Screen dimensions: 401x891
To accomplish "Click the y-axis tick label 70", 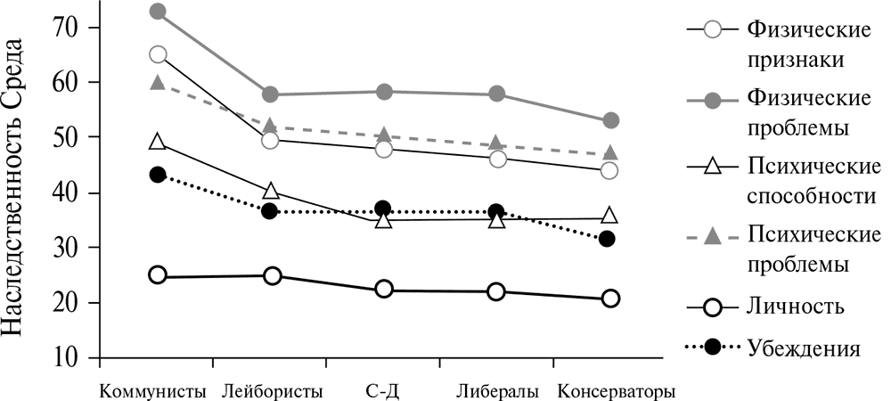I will (x=69, y=28).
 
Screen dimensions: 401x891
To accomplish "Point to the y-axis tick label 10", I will (x=69, y=358).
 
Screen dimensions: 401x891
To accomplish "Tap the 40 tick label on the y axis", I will (x=69, y=192).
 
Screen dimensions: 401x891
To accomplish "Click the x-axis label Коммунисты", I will (x=154, y=391).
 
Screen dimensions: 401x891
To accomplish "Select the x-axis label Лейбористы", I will (x=270, y=391).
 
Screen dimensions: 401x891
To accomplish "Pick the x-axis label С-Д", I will (x=384, y=391).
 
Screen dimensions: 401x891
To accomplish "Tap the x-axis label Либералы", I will (x=497, y=391).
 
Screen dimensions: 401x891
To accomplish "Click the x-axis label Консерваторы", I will (x=616, y=391).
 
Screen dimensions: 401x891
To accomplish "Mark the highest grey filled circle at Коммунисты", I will (x=158, y=12).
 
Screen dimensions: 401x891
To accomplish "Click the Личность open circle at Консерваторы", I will (x=610, y=299).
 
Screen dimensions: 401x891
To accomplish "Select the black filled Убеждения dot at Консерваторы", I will (x=608, y=239).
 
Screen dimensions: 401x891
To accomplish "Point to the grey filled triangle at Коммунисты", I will (x=158, y=83).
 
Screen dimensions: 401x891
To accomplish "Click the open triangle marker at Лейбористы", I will (x=271, y=191).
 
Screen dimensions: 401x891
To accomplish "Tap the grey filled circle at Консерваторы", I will (x=610, y=120).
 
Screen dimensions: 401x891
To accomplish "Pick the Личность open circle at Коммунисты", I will (x=158, y=274).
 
